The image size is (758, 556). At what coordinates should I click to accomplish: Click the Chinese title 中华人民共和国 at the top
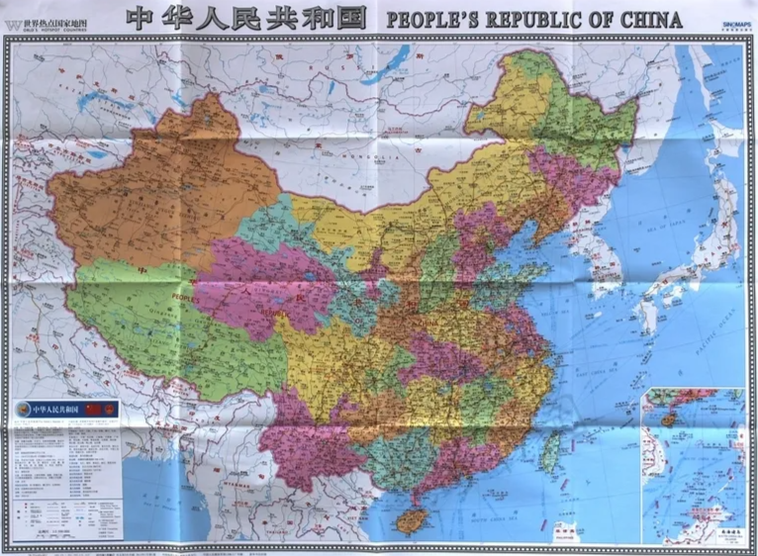tap(245, 18)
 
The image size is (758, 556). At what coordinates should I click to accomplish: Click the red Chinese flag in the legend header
tap(95, 408)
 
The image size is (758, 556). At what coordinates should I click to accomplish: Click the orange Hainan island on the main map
tap(407, 520)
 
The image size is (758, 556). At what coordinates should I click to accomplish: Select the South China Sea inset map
tap(693, 466)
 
